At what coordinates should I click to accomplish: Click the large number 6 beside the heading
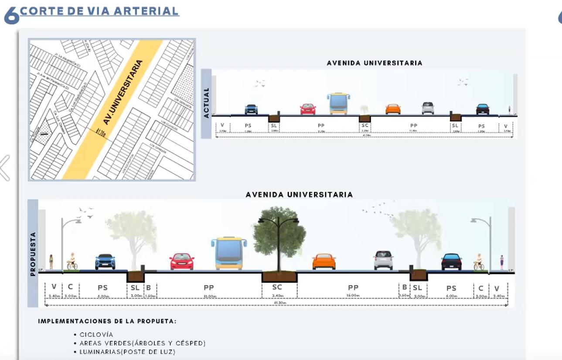[x=11, y=16]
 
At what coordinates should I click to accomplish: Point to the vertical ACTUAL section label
[x=207, y=103]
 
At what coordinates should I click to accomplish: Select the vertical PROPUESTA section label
[x=33, y=254]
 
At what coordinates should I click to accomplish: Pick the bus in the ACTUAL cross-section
[x=338, y=103]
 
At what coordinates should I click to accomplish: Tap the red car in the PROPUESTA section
[x=182, y=261]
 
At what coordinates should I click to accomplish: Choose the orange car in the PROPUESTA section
[x=324, y=261]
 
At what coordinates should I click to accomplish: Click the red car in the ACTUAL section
[x=308, y=109]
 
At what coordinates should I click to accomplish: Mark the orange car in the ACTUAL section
[x=393, y=109]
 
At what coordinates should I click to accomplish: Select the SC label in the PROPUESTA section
[x=277, y=287]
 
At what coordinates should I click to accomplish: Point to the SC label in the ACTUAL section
[x=365, y=125]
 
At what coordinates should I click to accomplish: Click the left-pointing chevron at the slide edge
[x=5, y=168]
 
